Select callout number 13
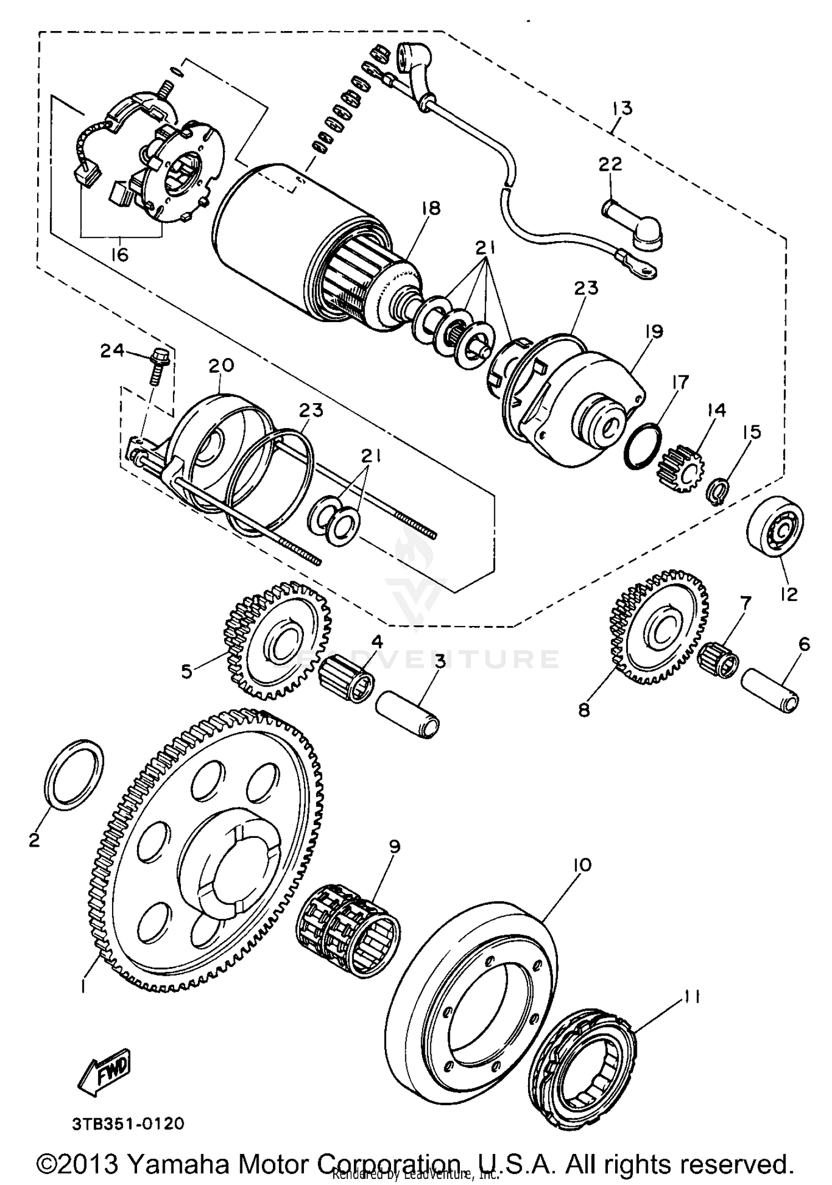623,107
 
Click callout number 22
610,165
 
